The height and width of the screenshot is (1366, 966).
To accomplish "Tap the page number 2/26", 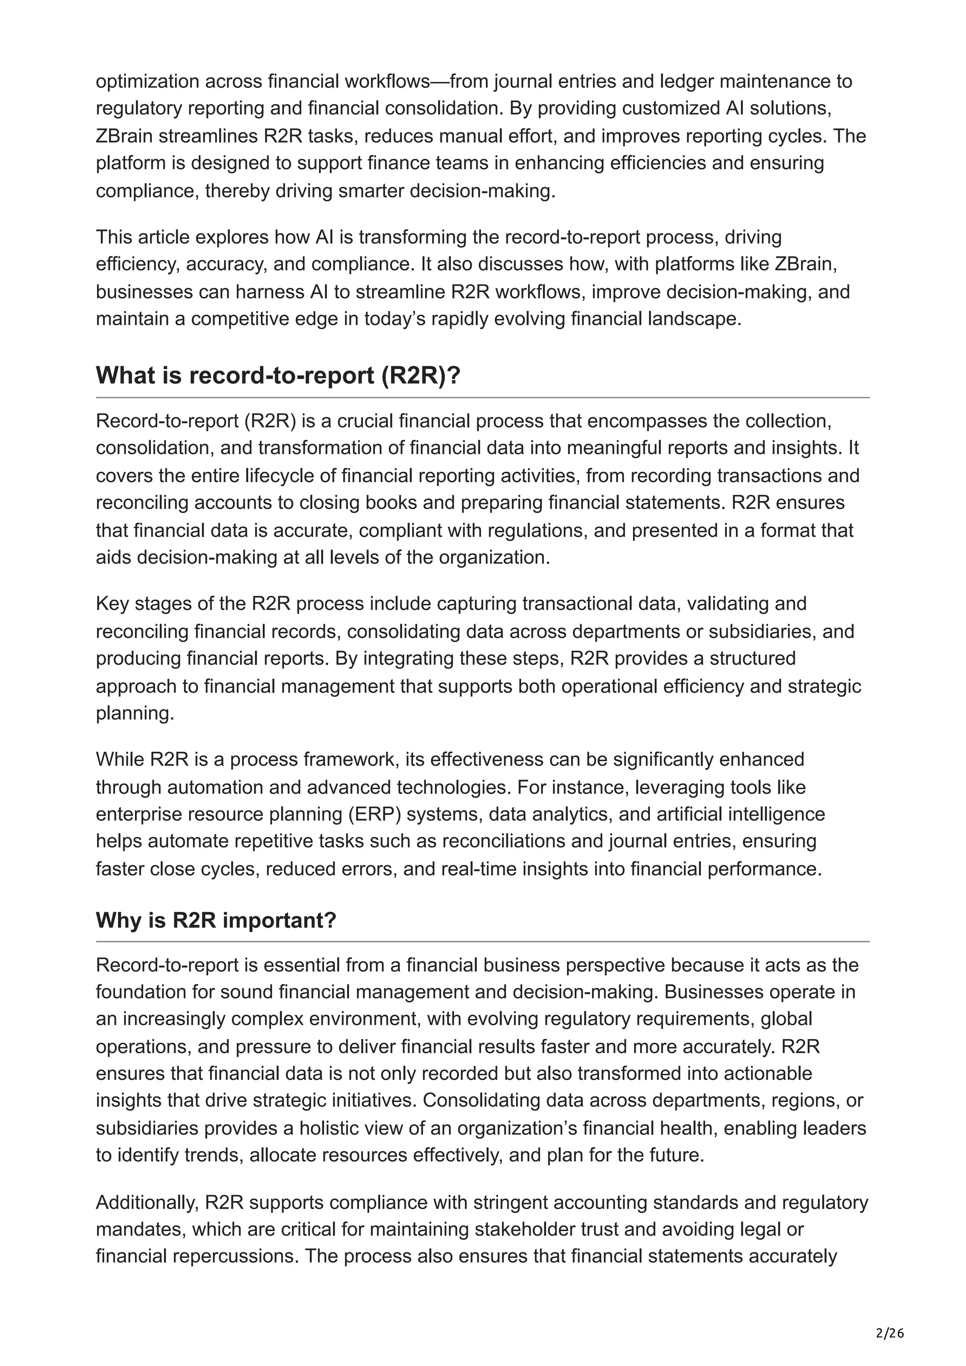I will click(x=890, y=1317).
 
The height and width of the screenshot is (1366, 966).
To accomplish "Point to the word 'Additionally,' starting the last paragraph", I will click(x=147, y=1202).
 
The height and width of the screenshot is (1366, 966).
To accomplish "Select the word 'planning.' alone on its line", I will click(x=135, y=713).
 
